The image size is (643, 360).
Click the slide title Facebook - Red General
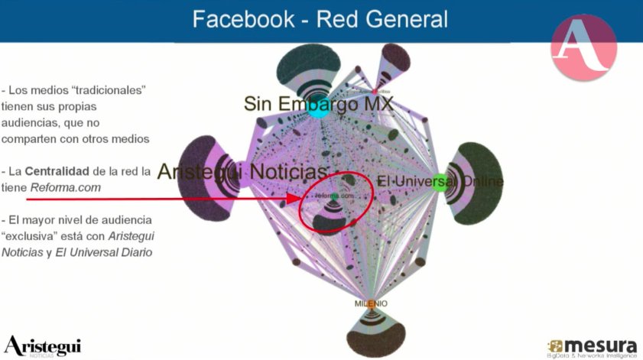(320, 19)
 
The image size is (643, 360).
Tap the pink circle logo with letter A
(583, 47)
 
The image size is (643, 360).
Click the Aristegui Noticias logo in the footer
(43, 345)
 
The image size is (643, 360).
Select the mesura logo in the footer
(593, 346)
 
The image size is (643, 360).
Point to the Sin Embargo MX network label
(319, 104)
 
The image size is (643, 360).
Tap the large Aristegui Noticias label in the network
(242, 173)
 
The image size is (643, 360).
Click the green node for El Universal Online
(437, 182)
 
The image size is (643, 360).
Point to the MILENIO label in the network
(371, 303)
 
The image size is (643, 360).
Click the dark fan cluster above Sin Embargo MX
(309, 65)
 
